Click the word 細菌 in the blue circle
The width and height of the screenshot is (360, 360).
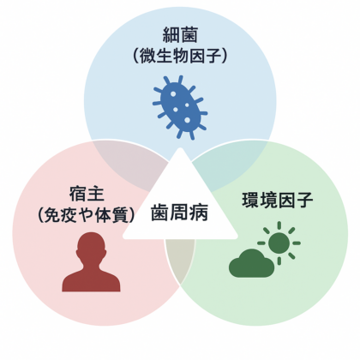click(x=180, y=35)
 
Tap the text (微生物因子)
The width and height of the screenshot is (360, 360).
click(x=180, y=56)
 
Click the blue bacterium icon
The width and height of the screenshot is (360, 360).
click(x=180, y=108)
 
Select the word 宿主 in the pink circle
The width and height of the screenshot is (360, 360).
click(x=87, y=194)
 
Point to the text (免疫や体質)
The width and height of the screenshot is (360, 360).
click(x=86, y=215)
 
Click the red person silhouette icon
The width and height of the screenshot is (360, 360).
click(x=91, y=261)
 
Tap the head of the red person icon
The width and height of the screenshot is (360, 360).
click(x=91, y=245)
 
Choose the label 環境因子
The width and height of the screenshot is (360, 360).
click(x=278, y=201)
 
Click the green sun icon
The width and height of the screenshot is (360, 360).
click(x=279, y=243)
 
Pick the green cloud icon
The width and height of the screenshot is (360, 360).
click(x=251, y=263)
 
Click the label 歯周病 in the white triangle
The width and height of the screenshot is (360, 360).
click(x=179, y=213)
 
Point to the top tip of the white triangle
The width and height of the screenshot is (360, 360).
click(x=180, y=147)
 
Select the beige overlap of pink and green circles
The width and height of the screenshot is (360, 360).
click(x=180, y=257)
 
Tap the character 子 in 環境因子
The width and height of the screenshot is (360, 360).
click(x=304, y=201)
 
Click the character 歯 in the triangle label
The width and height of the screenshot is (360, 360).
click(x=160, y=213)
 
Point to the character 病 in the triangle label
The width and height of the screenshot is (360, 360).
click(x=199, y=213)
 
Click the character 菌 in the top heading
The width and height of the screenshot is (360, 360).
click(x=189, y=35)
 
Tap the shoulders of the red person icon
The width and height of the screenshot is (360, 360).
click(x=91, y=280)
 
